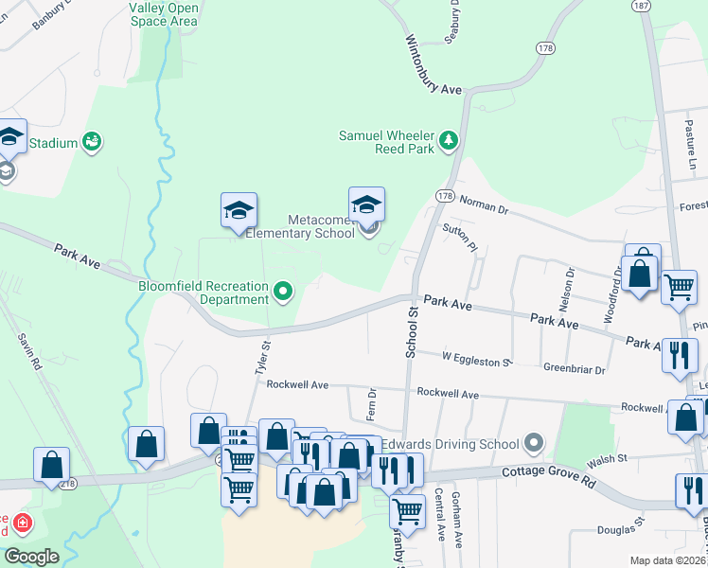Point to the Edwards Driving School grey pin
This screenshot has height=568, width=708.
534,443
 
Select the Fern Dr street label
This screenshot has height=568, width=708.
372,404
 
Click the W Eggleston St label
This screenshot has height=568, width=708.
476,358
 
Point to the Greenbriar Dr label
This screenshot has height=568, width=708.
574,367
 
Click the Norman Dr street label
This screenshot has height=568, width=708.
483,202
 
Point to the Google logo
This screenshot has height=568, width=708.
31,557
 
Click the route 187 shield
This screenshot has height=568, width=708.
644,6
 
